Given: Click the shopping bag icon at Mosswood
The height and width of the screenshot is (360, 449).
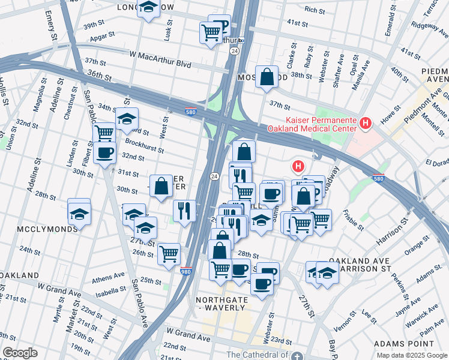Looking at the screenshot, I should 267,77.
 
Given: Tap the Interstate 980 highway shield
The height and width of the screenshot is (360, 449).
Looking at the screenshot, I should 186,272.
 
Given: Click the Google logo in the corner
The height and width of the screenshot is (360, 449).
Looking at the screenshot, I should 19,353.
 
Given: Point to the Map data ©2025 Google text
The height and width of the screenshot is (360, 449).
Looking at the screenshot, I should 411,355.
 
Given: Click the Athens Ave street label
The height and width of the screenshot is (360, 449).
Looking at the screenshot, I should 109,278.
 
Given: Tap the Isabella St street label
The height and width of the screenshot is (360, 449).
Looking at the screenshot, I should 110,293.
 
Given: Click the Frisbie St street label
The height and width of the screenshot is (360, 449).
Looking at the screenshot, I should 352,220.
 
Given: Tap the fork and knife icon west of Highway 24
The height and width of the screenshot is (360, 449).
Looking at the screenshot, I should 184,211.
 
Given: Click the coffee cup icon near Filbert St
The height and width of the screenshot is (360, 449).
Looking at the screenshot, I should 104,152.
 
